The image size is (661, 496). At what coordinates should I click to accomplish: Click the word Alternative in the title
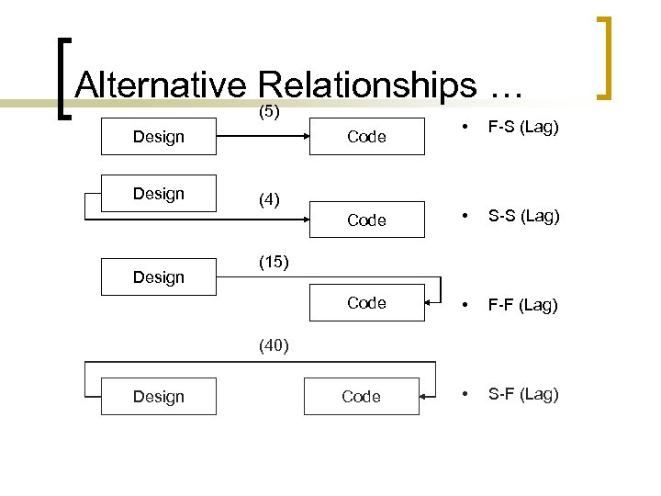[161, 85]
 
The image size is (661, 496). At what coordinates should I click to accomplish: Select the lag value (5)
[268, 112]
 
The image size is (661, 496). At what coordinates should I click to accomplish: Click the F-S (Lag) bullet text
[523, 127]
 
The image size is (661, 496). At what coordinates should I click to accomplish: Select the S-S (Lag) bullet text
[523, 217]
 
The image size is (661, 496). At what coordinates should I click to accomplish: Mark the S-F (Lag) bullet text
[523, 394]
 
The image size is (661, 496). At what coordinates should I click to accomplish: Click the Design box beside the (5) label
[159, 137]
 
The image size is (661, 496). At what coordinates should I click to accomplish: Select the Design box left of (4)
[159, 194]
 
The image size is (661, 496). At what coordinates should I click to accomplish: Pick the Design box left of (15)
[159, 276]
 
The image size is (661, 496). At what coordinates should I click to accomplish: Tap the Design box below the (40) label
[159, 397]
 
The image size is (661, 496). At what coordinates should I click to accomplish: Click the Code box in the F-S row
[366, 137]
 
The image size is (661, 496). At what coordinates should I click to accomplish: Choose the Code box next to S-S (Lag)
[366, 220]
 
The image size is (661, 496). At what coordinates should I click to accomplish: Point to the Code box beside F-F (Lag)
[366, 302]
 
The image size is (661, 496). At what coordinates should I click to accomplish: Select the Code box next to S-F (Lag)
[361, 397]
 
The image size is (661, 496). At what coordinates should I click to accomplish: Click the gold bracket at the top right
[603, 57]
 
